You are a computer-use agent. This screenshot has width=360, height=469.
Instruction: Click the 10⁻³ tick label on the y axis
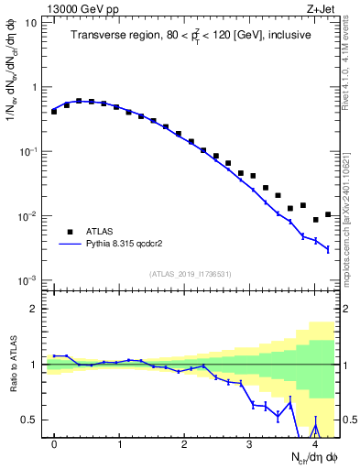point(29,279)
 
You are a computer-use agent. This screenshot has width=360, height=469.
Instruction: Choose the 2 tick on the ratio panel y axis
point(35,309)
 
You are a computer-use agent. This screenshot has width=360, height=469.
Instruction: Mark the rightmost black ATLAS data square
point(328,214)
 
